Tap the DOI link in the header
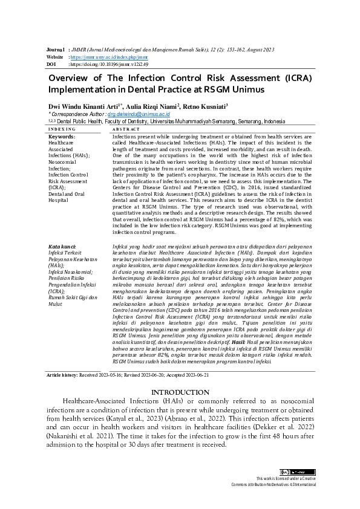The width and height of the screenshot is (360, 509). pos(110,63)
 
